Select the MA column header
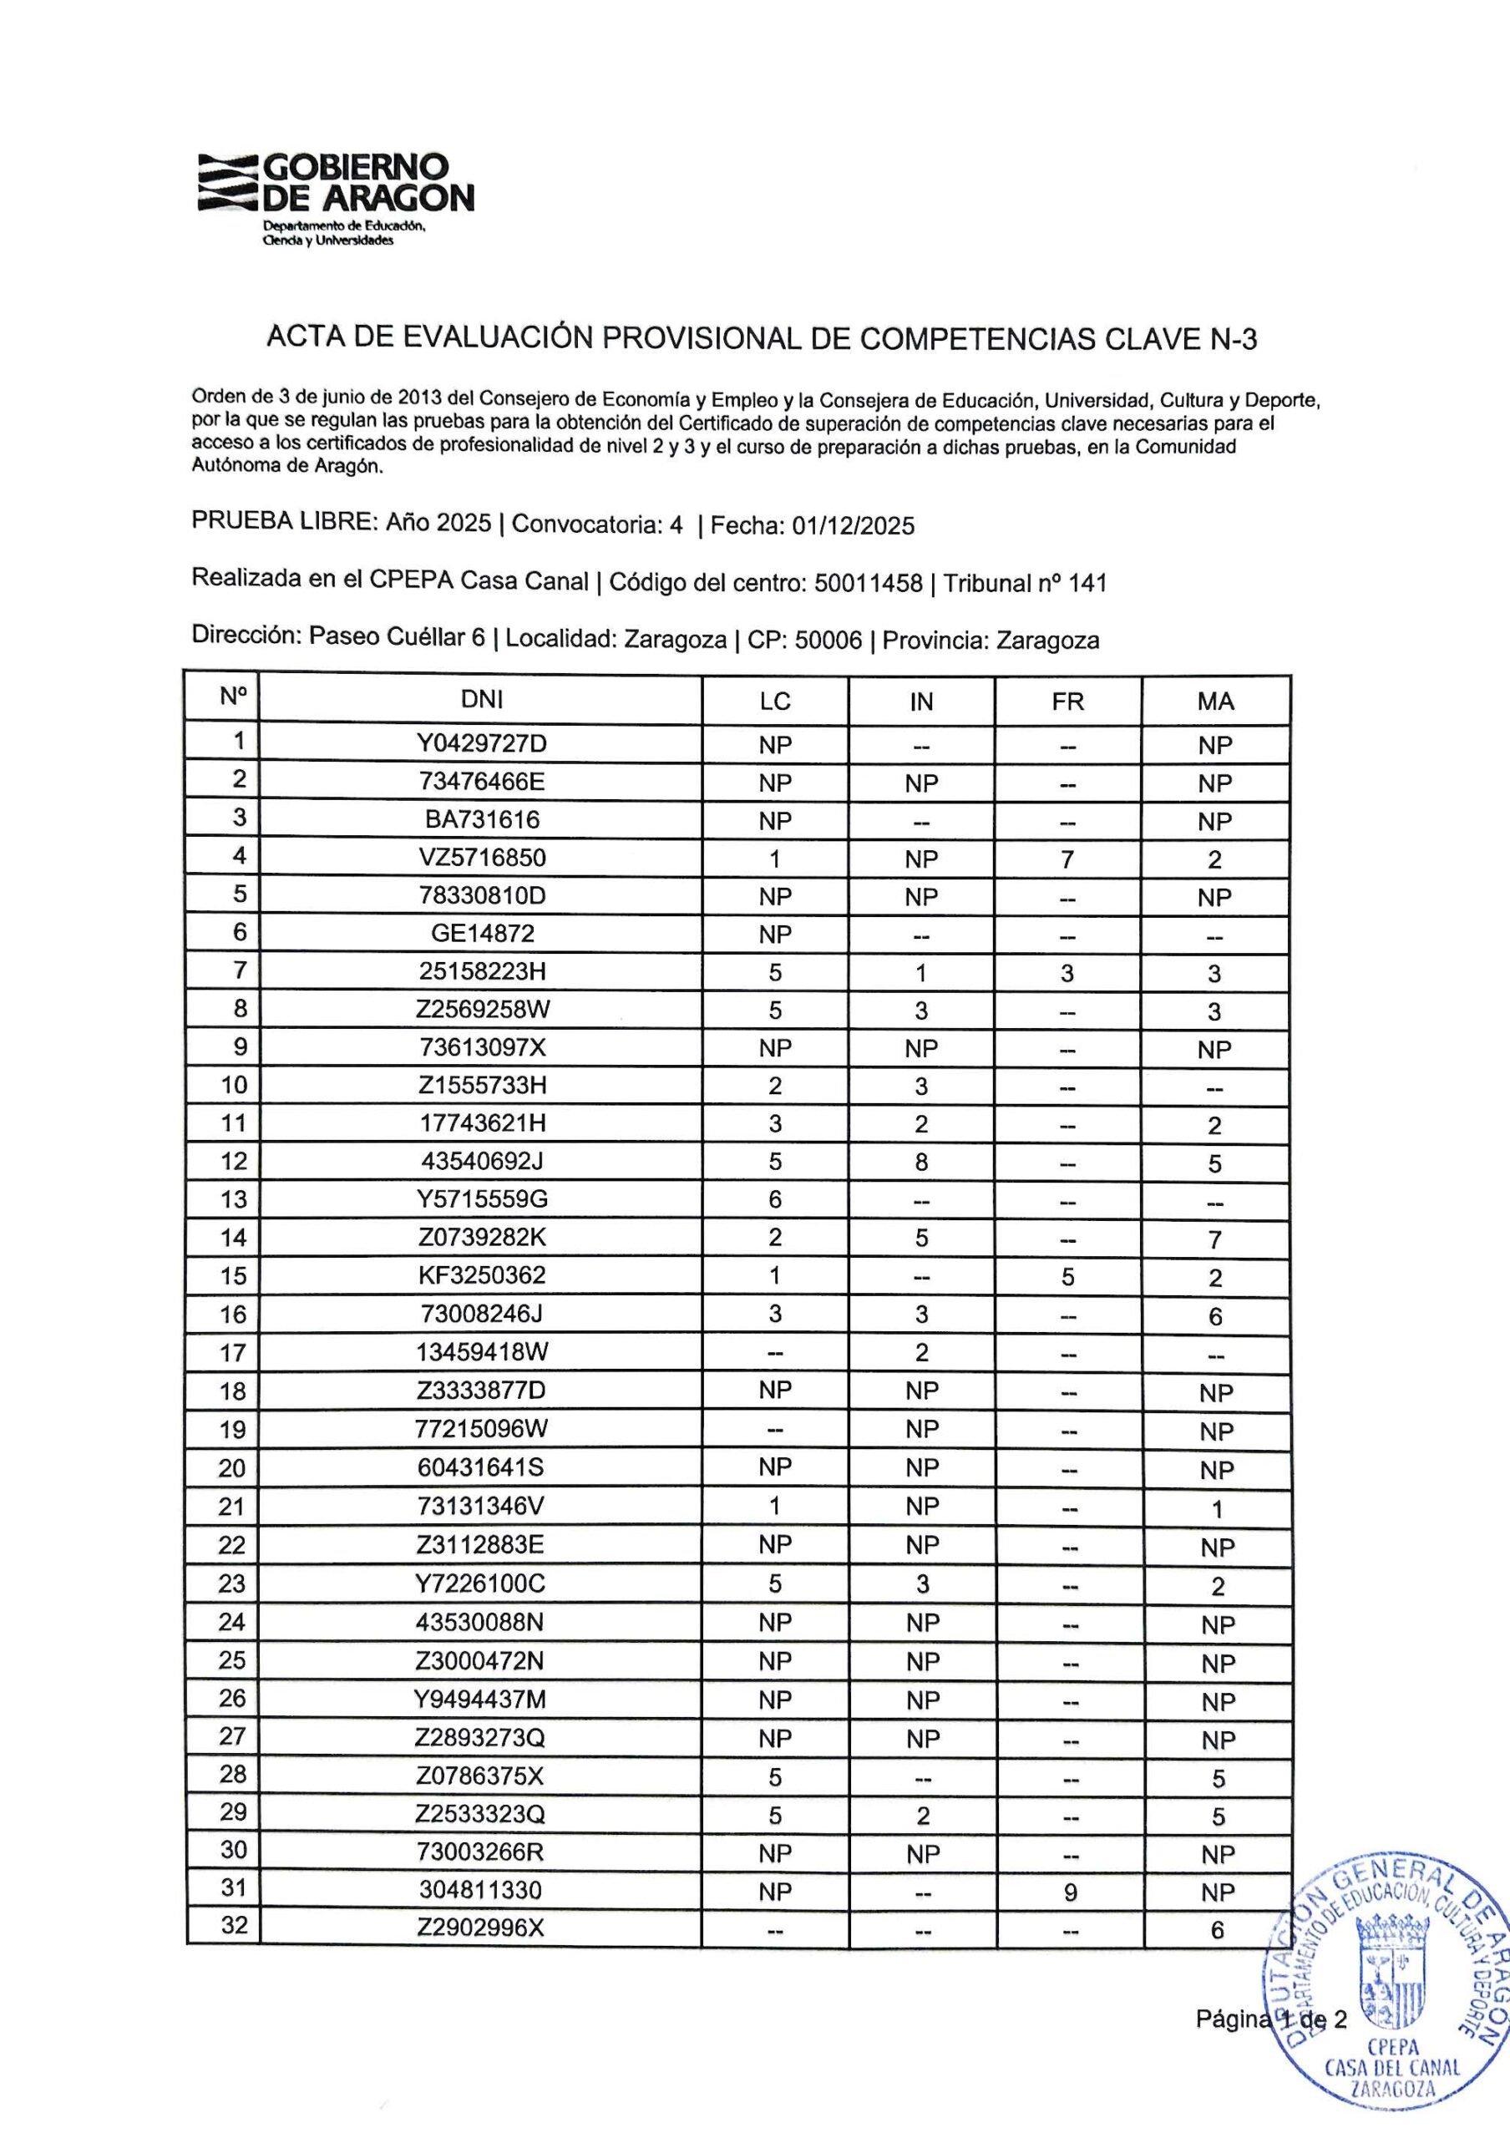click(x=1215, y=702)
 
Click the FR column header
click(x=1068, y=702)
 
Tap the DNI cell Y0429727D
click(x=481, y=743)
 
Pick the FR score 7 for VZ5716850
click(x=1068, y=859)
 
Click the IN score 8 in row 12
click(x=920, y=1162)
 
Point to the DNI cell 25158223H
click(x=481, y=972)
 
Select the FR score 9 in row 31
click(x=1070, y=1892)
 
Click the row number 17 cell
click(x=233, y=1352)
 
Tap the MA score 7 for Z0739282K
click(x=1215, y=1239)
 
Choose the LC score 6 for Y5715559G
click(x=774, y=1199)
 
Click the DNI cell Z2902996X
click(x=480, y=1928)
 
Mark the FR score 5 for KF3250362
click(x=1068, y=1277)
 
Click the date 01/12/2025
click(x=853, y=527)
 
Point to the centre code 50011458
click(x=868, y=584)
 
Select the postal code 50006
click(x=828, y=641)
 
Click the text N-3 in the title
click(x=1234, y=339)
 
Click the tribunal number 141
click(x=1087, y=584)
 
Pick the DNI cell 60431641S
click(x=481, y=1467)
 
